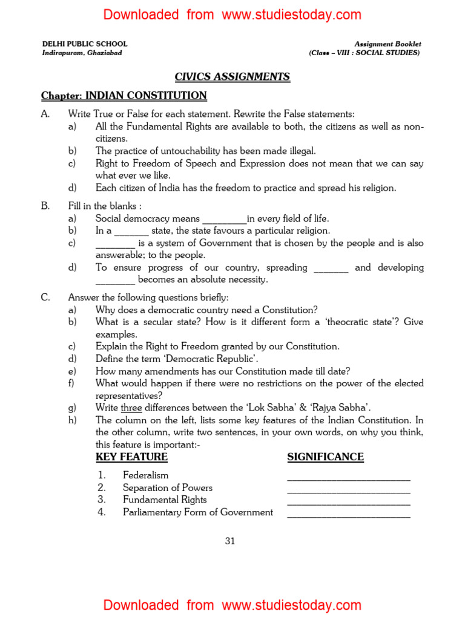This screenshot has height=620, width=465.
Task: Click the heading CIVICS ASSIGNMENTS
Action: coord(232,77)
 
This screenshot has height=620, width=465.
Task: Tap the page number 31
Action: coord(230,541)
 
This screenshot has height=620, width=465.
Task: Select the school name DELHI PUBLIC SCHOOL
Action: coord(85,44)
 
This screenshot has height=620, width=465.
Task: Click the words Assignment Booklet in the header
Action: coord(387,44)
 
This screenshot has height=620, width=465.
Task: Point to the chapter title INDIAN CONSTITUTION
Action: coord(146,96)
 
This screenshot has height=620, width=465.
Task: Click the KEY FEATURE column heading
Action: coord(131,457)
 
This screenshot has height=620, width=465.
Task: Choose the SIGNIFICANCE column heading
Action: coord(325,457)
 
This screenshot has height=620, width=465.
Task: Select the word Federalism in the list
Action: coord(145,475)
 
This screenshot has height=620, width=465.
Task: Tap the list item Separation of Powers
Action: coord(167,487)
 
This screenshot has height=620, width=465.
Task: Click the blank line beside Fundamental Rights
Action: coord(349,503)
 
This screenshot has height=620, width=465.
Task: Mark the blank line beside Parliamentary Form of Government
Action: coord(349,515)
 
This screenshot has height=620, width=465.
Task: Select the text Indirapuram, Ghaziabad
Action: coord(82,53)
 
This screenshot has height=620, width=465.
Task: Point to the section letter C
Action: coord(45,297)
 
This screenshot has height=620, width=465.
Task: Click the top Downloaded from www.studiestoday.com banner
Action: coord(232,15)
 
